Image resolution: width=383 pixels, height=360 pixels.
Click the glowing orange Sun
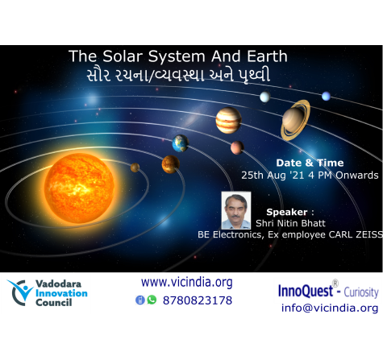(79, 188)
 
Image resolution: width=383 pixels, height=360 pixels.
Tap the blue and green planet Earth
(181, 143)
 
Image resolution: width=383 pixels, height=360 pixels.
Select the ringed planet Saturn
(296, 120)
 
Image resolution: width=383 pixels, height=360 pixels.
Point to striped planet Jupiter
(228, 120)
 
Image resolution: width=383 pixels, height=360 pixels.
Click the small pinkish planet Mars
(237, 147)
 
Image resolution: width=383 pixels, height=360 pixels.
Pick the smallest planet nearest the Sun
(135, 168)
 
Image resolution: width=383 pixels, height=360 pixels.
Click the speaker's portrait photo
(236, 210)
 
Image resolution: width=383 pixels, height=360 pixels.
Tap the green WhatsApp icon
(152, 300)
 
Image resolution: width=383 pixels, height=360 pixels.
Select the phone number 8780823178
(198, 300)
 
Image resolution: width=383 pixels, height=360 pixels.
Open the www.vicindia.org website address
(187, 283)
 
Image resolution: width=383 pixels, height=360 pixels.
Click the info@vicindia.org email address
(330, 308)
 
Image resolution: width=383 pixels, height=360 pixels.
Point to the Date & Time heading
(310, 163)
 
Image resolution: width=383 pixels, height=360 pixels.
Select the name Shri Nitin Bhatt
(290, 223)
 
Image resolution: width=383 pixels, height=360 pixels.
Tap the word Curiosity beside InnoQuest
(361, 292)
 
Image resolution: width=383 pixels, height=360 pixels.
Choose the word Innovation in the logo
(61, 293)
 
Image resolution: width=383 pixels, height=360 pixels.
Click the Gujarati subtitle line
(178, 76)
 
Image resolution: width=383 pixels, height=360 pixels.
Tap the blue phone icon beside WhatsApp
(140, 300)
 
